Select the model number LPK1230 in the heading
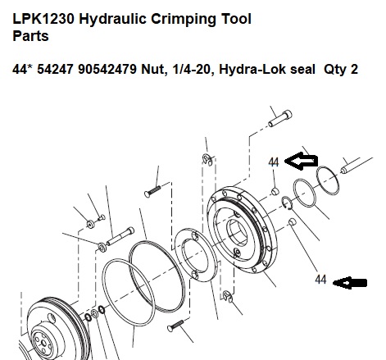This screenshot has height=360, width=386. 43,19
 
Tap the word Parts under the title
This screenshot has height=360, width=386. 30,36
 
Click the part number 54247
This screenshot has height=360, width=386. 55,69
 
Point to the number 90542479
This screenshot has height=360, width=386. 107,69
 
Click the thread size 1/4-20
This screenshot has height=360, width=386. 192,69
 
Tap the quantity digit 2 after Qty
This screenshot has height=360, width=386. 354,69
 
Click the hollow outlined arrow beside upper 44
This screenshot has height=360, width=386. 301,161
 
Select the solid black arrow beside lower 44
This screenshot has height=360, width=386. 350,283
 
